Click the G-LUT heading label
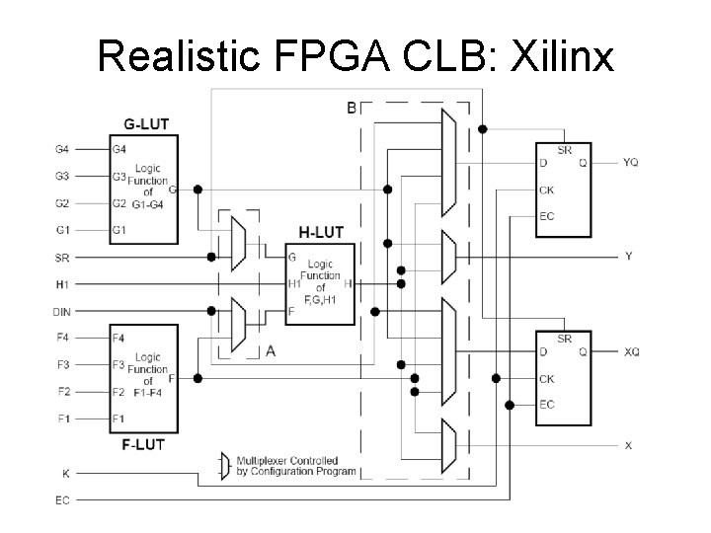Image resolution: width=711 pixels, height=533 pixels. point(145,123)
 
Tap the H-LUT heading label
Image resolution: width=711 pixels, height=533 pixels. point(320,233)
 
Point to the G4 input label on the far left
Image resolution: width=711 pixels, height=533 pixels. point(61,150)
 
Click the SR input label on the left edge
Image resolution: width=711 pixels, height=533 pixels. point(61,257)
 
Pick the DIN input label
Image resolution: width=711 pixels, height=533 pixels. point(61,311)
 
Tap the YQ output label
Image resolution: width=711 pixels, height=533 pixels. point(631,161)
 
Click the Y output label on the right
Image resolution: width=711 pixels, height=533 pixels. point(629,256)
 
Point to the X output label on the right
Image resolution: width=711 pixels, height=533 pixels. point(629,445)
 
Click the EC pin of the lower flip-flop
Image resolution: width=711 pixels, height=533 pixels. point(546,405)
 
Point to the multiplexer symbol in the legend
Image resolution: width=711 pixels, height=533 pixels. point(225,465)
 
